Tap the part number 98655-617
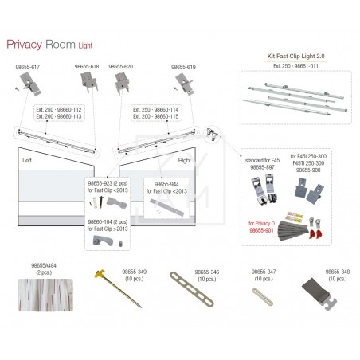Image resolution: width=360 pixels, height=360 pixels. [x=27, y=67]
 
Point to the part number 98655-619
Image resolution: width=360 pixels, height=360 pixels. [x=182, y=67]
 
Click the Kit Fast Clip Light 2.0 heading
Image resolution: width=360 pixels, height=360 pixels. [x=292, y=58]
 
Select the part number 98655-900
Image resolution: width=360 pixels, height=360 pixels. [x=307, y=170]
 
